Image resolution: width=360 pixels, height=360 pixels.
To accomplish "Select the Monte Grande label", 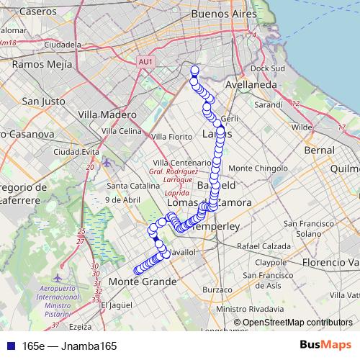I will pos(143,282).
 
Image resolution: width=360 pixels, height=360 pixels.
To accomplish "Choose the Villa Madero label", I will pos(107,115).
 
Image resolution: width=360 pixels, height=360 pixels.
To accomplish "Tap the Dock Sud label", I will pos(269,69).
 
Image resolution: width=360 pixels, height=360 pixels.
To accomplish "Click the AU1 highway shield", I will pos(145,63).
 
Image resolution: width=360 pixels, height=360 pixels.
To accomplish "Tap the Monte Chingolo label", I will pos(262,168).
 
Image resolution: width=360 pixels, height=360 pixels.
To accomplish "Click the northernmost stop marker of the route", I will pos(194,70).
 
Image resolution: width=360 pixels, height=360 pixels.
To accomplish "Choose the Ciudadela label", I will pos(63,45).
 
